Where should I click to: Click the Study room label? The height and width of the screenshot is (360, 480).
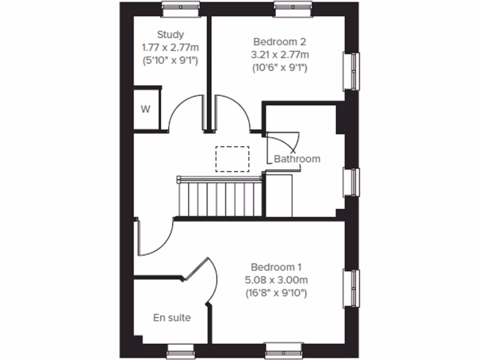(170, 34)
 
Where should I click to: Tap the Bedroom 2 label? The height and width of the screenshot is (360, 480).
(280, 41)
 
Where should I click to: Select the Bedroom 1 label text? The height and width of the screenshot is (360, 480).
(276, 267)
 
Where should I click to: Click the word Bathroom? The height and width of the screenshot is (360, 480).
(297, 159)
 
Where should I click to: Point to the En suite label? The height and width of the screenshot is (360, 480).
(172, 318)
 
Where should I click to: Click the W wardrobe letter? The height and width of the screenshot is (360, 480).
(146, 110)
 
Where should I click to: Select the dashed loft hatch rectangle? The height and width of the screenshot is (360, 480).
(232, 159)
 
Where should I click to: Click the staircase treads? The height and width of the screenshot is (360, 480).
(219, 199)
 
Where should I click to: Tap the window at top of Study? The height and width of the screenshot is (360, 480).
(180, 5)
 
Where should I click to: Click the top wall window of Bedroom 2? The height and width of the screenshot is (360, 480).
(293, 5)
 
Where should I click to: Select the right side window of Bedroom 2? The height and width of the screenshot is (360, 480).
(352, 71)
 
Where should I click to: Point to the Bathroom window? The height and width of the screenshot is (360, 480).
(352, 182)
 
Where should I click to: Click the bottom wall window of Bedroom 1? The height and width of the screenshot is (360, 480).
(284, 349)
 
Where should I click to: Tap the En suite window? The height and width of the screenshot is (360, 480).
(181, 350)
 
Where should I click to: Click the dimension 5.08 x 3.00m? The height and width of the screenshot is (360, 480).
(276, 280)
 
